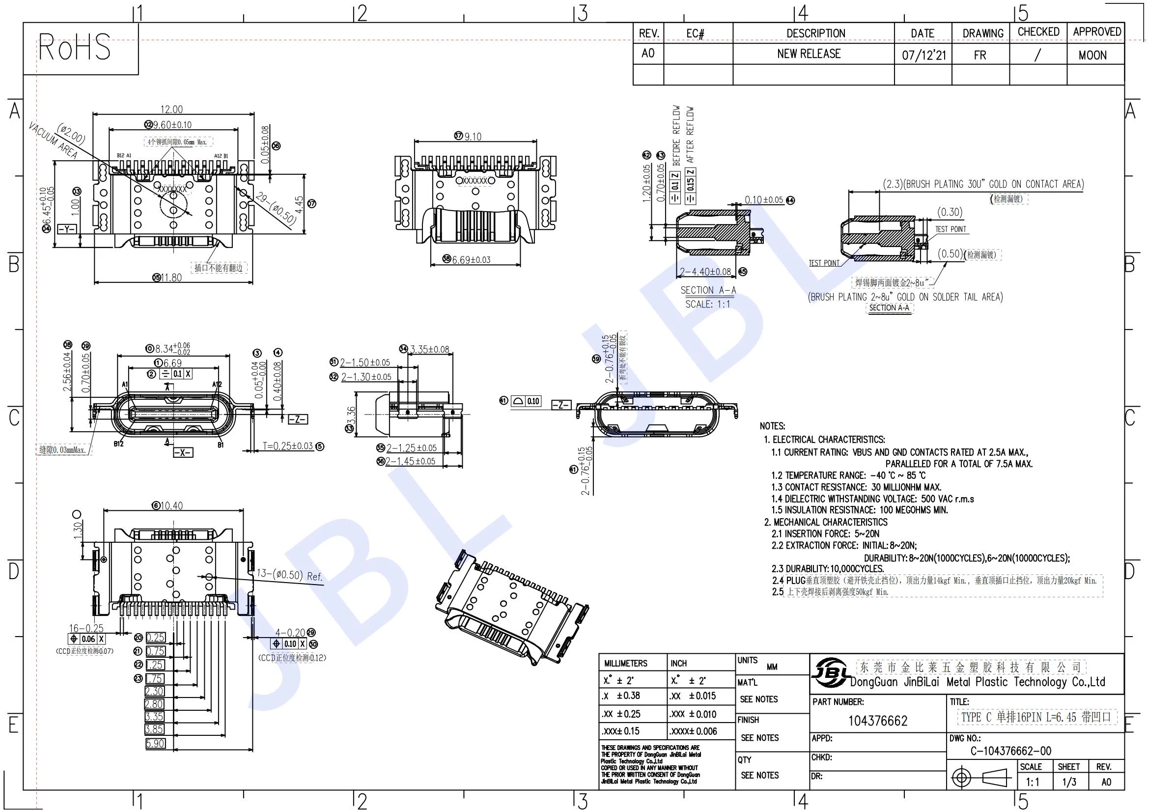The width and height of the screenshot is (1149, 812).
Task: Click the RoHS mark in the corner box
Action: (x=75, y=48)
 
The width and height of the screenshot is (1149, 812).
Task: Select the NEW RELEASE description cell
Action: (x=809, y=54)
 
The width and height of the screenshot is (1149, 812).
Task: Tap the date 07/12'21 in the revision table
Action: (x=924, y=55)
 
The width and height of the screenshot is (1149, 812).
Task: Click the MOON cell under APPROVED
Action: (x=1093, y=56)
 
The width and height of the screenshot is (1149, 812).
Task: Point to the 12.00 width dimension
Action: (x=171, y=109)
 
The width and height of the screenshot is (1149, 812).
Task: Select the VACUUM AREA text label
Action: (x=53, y=140)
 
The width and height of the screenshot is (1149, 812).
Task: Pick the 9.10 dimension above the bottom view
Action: (x=473, y=137)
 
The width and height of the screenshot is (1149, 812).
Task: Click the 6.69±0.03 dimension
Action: (x=471, y=260)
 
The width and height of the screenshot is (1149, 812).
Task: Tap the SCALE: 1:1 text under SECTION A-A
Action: (x=707, y=304)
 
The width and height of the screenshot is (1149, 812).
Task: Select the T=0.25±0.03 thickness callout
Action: (x=288, y=446)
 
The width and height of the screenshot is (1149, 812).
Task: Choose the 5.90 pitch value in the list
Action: (x=155, y=743)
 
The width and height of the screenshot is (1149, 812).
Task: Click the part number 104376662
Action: (x=878, y=721)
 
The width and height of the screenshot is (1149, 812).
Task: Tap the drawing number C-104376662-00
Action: (x=1011, y=751)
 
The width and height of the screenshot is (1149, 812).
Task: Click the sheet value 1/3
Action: (x=1069, y=782)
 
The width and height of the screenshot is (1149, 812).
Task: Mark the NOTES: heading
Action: (x=772, y=426)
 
